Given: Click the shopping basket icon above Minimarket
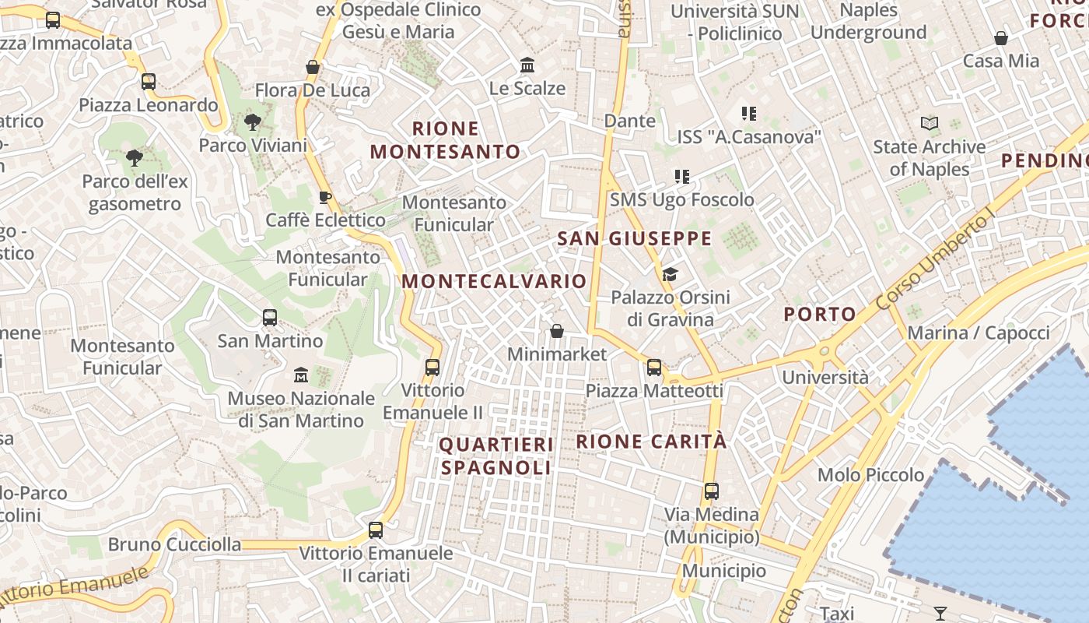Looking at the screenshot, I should tap(557, 331).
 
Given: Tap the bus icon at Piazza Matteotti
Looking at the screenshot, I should tap(654, 367).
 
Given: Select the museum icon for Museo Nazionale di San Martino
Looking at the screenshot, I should tap(301, 375).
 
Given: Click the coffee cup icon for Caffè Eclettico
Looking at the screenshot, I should tap(325, 197).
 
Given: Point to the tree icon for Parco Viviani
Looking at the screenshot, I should tap(252, 121).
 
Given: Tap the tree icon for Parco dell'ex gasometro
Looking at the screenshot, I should tap(134, 158).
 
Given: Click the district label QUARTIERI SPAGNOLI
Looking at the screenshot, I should tap(497, 456).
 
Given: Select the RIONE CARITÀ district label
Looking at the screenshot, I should tap(651, 442).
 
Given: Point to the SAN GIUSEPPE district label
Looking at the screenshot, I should tap(635, 238).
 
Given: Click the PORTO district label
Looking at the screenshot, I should tap(820, 314).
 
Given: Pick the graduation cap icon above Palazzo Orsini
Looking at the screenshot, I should tap(670, 274).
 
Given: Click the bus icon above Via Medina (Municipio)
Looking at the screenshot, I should tap(712, 491).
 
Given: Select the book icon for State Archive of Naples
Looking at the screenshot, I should tap(929, 123).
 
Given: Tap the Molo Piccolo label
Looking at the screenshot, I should tap(870, 474).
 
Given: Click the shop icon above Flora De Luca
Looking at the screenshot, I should tap(313, 67).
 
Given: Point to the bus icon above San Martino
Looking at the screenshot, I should tap(270, 317).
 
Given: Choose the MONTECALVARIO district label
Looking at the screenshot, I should tap(495, 281).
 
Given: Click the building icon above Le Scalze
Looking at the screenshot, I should tap(527, 65).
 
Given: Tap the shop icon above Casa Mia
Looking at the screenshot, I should tap(1001, 37).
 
